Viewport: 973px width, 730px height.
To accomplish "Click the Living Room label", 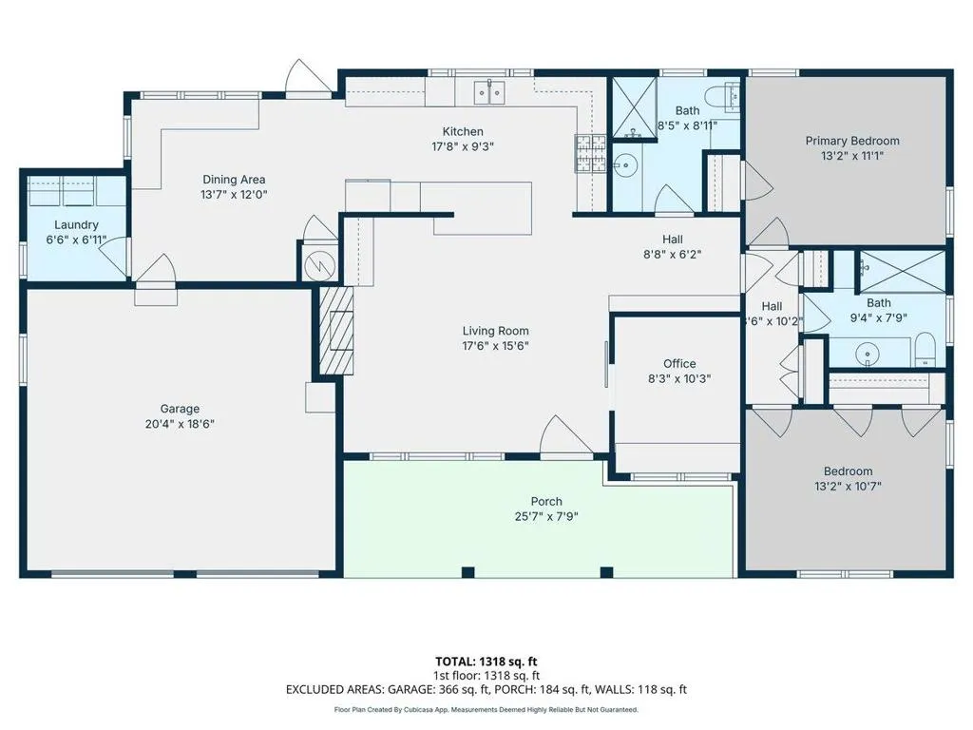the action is pos(495,331).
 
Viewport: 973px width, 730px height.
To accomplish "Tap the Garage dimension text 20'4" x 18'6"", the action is pos(180,424).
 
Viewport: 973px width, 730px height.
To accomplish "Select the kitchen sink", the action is pos(489,92).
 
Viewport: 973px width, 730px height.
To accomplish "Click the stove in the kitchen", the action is pos(590,153).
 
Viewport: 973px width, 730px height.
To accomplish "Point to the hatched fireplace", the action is pos(336,330).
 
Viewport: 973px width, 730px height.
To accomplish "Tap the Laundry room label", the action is pos(76,224).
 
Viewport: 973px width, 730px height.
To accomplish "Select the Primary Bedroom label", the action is pos(852,141).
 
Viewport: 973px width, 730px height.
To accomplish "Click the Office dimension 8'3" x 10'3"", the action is pos(678,378).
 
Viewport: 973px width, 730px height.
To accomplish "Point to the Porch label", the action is pos(546,501).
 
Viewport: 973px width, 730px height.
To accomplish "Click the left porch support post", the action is pos(467,572).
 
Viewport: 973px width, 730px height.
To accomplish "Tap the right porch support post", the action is pos(606,572).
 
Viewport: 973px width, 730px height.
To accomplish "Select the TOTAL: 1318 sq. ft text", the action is pos(486,662).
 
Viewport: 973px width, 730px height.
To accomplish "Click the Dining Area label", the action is pos(234,180).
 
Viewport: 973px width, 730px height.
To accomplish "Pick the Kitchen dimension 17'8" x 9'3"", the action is pos(463,146).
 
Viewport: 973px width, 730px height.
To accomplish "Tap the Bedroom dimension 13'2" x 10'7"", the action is pos(848,486).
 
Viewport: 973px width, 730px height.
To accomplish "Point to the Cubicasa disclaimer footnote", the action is pos(486,709).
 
